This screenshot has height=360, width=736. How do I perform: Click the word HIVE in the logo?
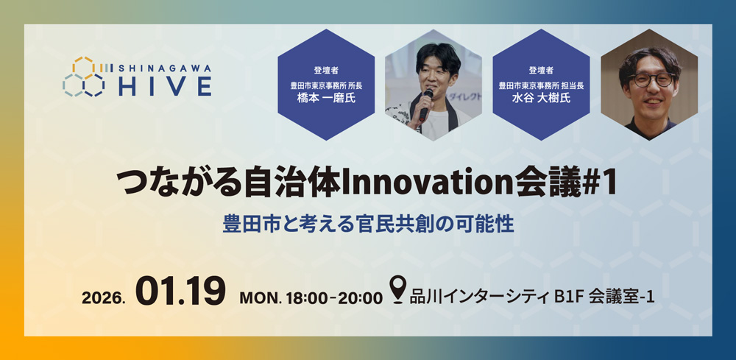click(x=166, y=85)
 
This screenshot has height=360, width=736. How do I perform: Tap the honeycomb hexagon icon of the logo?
click(x=84, y=77)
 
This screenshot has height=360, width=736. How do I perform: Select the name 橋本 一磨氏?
click(x=325, y=98)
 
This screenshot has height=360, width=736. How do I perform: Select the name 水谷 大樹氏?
click(x=540, y=98)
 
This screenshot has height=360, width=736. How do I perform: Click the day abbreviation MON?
click(x=258, y=297)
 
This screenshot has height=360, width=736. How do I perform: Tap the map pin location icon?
click(x=397, y=290)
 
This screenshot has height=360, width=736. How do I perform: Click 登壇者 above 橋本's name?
click(x=325, y=71)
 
